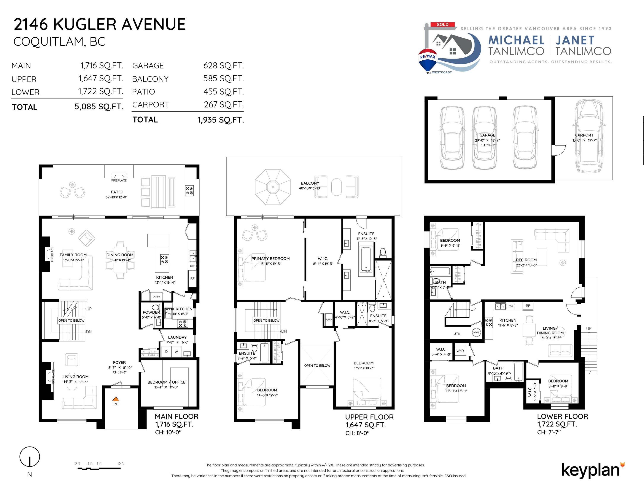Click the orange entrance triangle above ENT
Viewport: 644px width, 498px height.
pyautogui.click(x=116, y=399)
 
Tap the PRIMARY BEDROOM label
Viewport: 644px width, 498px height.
pyautogui.click(x=270, y=259)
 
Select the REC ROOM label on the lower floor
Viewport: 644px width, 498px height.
pyautogui.click(x=526, y=260)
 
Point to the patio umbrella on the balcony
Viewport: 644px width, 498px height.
pyautogui.click(x=273, y=187)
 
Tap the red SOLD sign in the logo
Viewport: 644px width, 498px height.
pyautogui.click(x=442, y=24)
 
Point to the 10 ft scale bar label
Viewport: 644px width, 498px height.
pyautogui.click(x=121, y=463)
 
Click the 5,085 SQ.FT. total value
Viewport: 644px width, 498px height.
pyautogui.click(x=99, y=107)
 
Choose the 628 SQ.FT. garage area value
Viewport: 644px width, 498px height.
pyautogui.click(x=224, y=65)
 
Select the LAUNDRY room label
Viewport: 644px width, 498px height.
pyautogui.click(x=177, y=337)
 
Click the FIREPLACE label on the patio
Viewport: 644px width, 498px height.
pyautogui.click(x=119, y=180)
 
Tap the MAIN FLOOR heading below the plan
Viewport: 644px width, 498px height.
pyautogui.click(x=177, y=416)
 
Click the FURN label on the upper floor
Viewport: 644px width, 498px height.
pyautogui.click(x=329, y=319)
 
